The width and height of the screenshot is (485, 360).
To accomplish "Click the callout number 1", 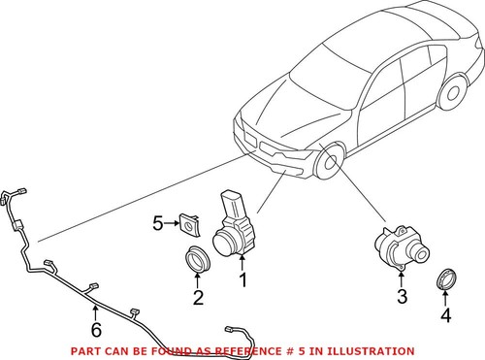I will [x=243, y=281].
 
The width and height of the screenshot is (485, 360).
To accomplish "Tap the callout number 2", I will [x=198, y=298].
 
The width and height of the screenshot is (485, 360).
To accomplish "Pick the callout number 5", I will [x=158, y=223].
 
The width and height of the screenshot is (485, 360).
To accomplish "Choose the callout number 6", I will [x=94, y=311].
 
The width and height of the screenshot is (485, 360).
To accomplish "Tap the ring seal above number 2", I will [x=199, y=261].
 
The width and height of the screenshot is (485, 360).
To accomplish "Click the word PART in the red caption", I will [x=85, y=350].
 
